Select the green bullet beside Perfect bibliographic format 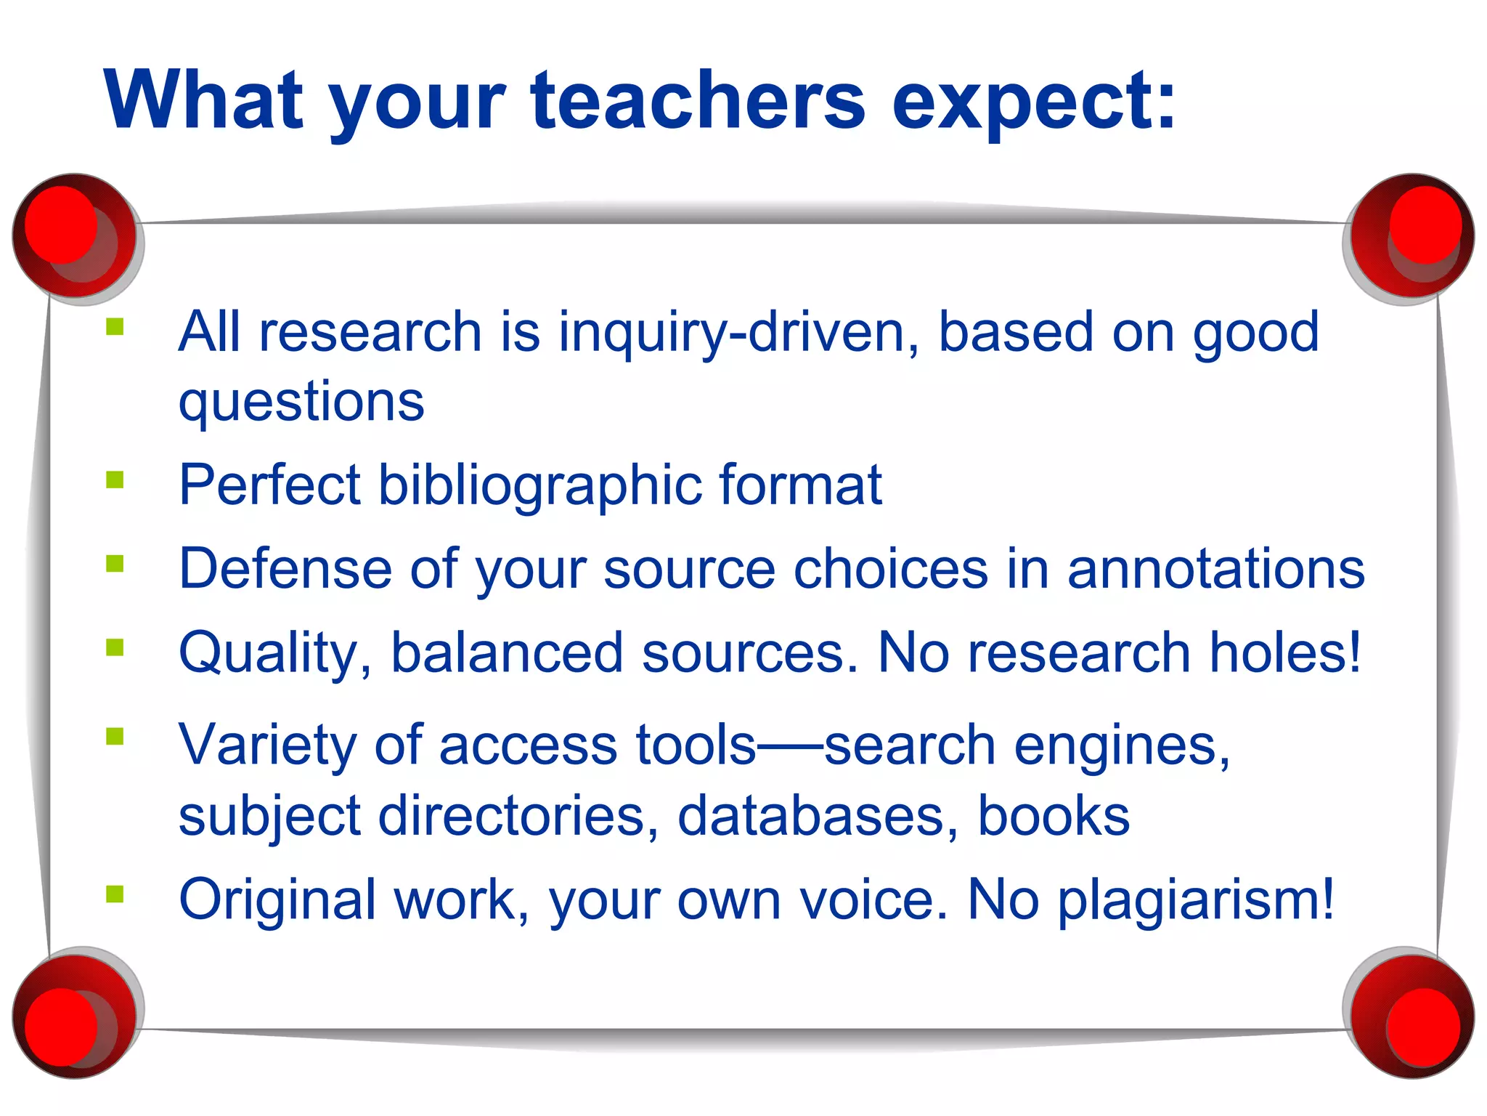(115, 480)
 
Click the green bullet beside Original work (115, 894)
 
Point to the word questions (301, 402)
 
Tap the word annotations (1215, 569)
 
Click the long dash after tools (790, 746)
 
